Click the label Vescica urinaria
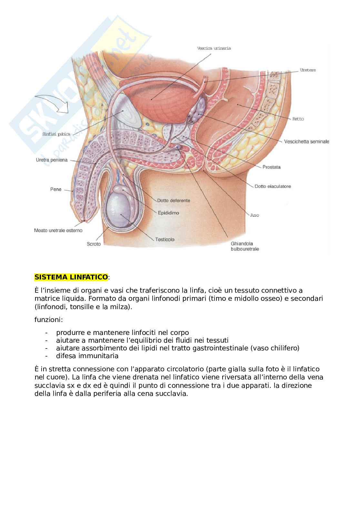tap(214, 48)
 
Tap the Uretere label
tap(307, 70)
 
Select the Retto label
tap(298, 119)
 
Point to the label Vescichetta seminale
tap(306, 142)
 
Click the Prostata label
tap(271, 167)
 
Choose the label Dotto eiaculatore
tap(273, 186)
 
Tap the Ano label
tap(255, 215)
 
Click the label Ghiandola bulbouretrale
tap(245, 246)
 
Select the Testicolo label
tap(165, 240)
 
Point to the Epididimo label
tap(168, 213)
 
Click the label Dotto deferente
tap(174, 201)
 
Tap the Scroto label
tap(94, 244)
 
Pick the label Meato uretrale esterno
tap(58, 230)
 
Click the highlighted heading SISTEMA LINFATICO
tap(71, 277)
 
